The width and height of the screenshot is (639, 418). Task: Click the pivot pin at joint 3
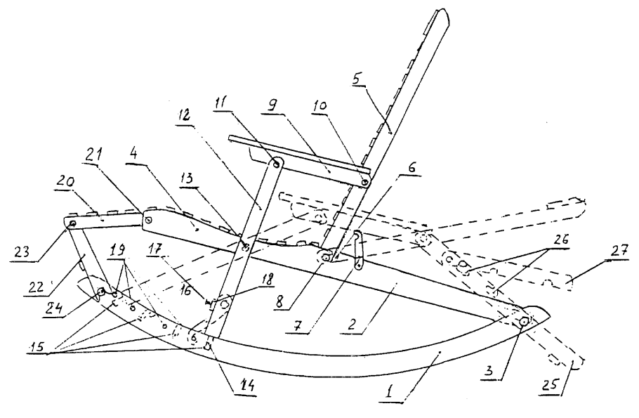point(524,321)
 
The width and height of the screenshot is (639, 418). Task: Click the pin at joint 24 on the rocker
point(103,292)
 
